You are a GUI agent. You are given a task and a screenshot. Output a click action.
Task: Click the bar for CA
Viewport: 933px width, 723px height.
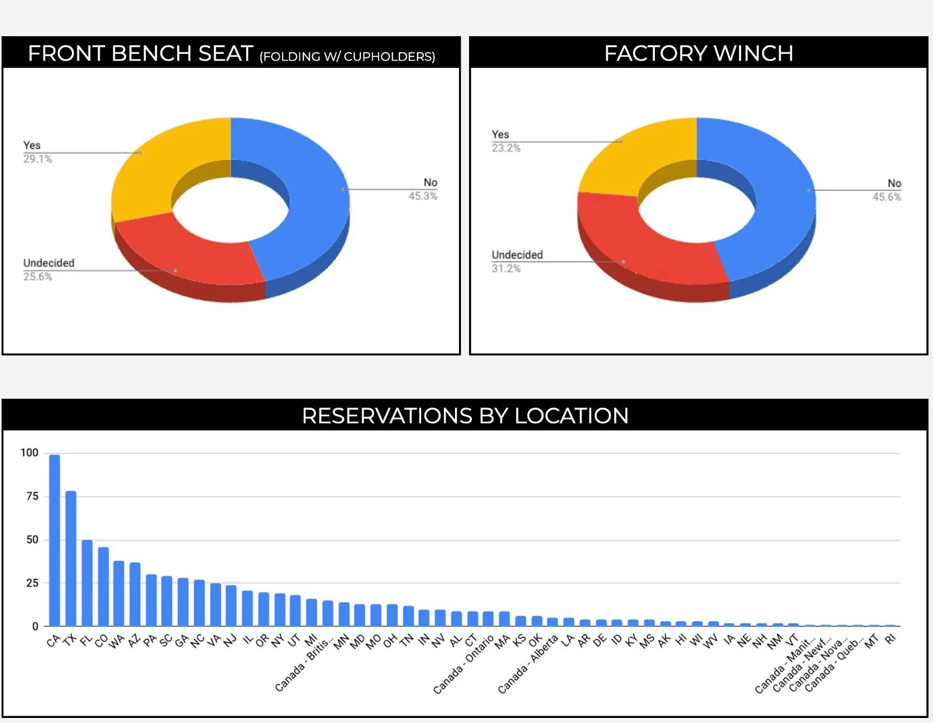click(55, 541)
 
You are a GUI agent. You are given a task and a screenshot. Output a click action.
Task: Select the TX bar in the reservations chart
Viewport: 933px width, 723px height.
click(71, 558)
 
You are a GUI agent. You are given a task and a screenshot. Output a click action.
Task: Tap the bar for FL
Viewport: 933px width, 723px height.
click(87, 583)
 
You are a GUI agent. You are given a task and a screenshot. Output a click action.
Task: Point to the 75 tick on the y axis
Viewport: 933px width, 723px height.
click(32, 496)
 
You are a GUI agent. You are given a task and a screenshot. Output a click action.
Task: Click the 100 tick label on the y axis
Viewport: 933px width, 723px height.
click(29, 453)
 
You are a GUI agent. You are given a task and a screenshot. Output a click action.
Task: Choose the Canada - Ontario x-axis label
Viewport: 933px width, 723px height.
click(464, 665)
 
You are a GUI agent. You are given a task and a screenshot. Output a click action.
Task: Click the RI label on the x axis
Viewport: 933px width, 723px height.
click(891, 639)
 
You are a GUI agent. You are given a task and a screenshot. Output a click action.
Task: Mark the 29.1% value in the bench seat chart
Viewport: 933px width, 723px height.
click(38, 159)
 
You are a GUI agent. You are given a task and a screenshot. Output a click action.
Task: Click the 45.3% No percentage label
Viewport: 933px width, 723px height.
click(423, 196)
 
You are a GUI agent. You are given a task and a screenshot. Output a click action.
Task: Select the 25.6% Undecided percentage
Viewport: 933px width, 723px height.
click(38, 277)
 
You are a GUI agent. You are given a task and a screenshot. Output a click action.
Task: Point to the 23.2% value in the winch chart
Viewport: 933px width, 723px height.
click(506, 148)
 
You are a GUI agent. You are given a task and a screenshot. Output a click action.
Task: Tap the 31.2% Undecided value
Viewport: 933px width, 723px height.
click(506, 269)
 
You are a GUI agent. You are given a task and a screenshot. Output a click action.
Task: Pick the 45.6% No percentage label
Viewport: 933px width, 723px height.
click(887, 197)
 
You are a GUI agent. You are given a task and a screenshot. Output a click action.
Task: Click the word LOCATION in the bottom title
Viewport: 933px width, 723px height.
click(571, 416)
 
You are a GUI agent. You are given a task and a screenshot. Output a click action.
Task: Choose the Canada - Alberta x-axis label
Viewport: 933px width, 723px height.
click(527, 665)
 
